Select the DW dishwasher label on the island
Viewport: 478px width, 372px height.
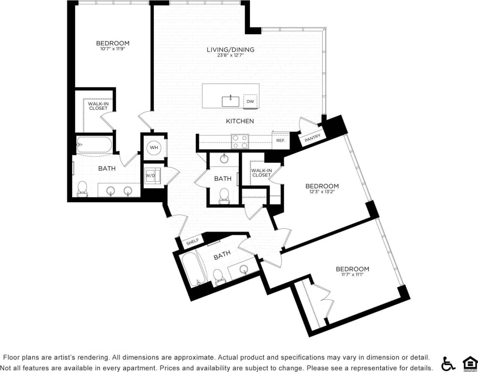tap(250, 102)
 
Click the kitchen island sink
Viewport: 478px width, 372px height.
tap(231, 102)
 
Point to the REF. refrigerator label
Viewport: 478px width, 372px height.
tap(281, 141)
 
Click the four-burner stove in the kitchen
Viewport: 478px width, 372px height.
tap(240, 141)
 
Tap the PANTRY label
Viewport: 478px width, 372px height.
tap(312, 138)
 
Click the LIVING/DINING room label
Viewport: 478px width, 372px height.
tap(230, 49)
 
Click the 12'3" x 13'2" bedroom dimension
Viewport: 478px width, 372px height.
tap(322, 192)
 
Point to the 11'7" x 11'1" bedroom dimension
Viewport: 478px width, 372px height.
tap(352, 275)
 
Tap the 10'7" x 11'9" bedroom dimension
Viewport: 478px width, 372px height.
tap(112, 49)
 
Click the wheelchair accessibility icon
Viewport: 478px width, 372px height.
tap(448, 363)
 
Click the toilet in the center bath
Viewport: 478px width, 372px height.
tap(223, 195)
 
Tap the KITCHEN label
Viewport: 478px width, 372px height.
tap(240, 121)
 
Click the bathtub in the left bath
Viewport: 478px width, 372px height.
tap(94, 144)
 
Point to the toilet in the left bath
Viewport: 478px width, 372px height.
tap(82, 188)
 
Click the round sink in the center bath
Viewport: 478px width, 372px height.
tap(224, 159)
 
